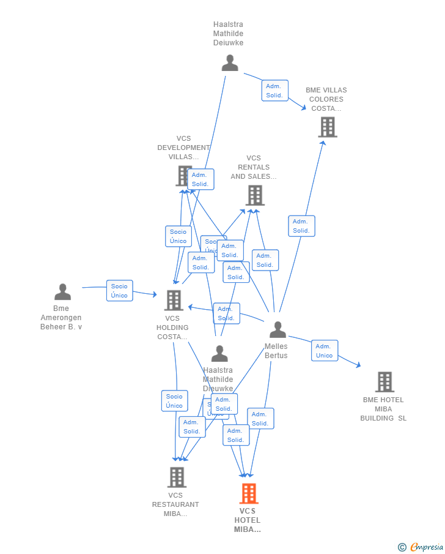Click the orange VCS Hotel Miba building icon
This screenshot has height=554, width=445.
coord(248,493)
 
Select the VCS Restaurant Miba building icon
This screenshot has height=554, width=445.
coord(177,477)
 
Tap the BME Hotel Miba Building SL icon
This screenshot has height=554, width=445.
coord(384,382)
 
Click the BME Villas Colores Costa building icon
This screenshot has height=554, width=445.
coord(328,127)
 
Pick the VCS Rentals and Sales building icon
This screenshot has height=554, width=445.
coord(255,195)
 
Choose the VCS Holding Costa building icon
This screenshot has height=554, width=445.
coord(174,301)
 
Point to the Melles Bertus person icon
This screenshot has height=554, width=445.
coord(278,330)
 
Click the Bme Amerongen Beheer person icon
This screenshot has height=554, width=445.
coord(62,292)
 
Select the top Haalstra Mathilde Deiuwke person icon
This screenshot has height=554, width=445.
coord(230,63)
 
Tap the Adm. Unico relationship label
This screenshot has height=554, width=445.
coord(324,351)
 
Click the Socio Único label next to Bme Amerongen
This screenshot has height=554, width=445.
coord(119,291)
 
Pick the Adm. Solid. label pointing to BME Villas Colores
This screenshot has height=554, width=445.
coord(274,91)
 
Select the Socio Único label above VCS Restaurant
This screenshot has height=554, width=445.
coord(174,401)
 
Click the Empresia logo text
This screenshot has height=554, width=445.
coord(426,547)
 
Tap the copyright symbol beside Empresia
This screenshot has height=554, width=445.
coord(402,547)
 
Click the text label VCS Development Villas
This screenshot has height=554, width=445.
coord(183,148)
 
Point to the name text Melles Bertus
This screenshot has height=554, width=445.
coord(276,351)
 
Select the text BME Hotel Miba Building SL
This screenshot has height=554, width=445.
coord(383,409)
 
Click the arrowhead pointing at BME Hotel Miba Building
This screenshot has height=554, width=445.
coord(358,365)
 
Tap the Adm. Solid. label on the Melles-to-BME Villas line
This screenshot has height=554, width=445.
coord(301,226)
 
